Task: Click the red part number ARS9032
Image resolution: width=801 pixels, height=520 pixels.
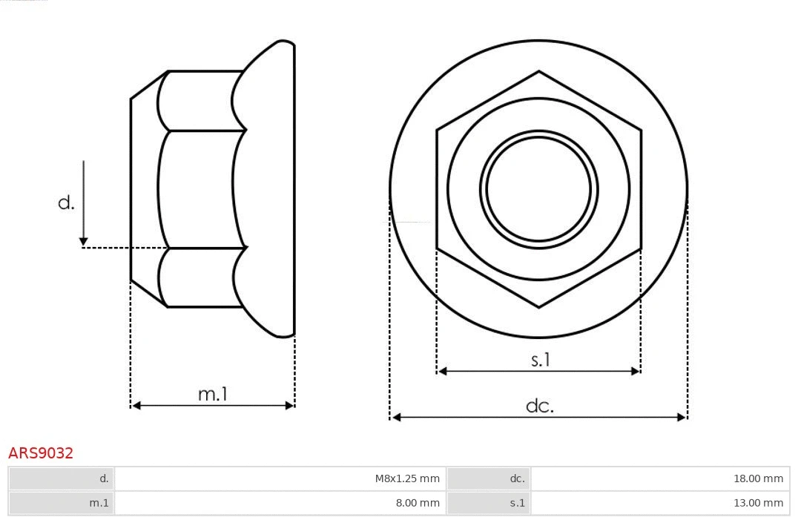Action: click(x=41, y=452)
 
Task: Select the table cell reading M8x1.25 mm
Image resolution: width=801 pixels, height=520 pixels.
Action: click(x=407, y=478)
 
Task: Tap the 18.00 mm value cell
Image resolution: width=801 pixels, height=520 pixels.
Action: click(x=758, y=478)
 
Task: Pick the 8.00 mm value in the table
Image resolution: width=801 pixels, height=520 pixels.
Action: click(x=417, y=503)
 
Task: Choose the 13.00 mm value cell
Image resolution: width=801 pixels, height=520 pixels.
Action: click(x=758, y=503)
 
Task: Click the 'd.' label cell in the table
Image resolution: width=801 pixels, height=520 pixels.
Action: click(x=104, y=478)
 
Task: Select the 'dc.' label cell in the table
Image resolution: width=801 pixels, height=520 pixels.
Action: click(x=517, y=478)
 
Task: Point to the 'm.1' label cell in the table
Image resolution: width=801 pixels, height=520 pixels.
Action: click(x=99, y=503)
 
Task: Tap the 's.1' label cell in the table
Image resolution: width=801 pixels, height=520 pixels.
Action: click(x=517, y=503)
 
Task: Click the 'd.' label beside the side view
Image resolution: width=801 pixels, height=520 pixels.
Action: click(x=67, y=203)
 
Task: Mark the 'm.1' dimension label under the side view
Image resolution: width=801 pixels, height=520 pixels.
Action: click(x=212, y=394)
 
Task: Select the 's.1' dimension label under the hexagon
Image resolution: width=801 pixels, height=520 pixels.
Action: click(x=541, y=360)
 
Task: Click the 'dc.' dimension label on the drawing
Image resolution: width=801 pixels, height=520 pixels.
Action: click(x=539, y=406)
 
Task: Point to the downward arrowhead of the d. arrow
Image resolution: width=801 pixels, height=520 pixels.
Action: click(x=84, y=241)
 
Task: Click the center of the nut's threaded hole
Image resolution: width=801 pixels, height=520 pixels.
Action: click(x=539, y=188)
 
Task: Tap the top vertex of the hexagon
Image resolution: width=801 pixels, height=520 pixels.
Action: click(x=539, y=72)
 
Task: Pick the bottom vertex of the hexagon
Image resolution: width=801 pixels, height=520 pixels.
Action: click(x=539, y=306)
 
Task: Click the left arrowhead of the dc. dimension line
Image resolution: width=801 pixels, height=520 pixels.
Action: click(x=396, y=418)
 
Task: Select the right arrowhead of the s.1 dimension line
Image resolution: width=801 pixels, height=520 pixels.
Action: click(x=636, y=371)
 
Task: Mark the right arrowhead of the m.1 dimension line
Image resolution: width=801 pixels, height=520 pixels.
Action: click(x=290, y=405)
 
